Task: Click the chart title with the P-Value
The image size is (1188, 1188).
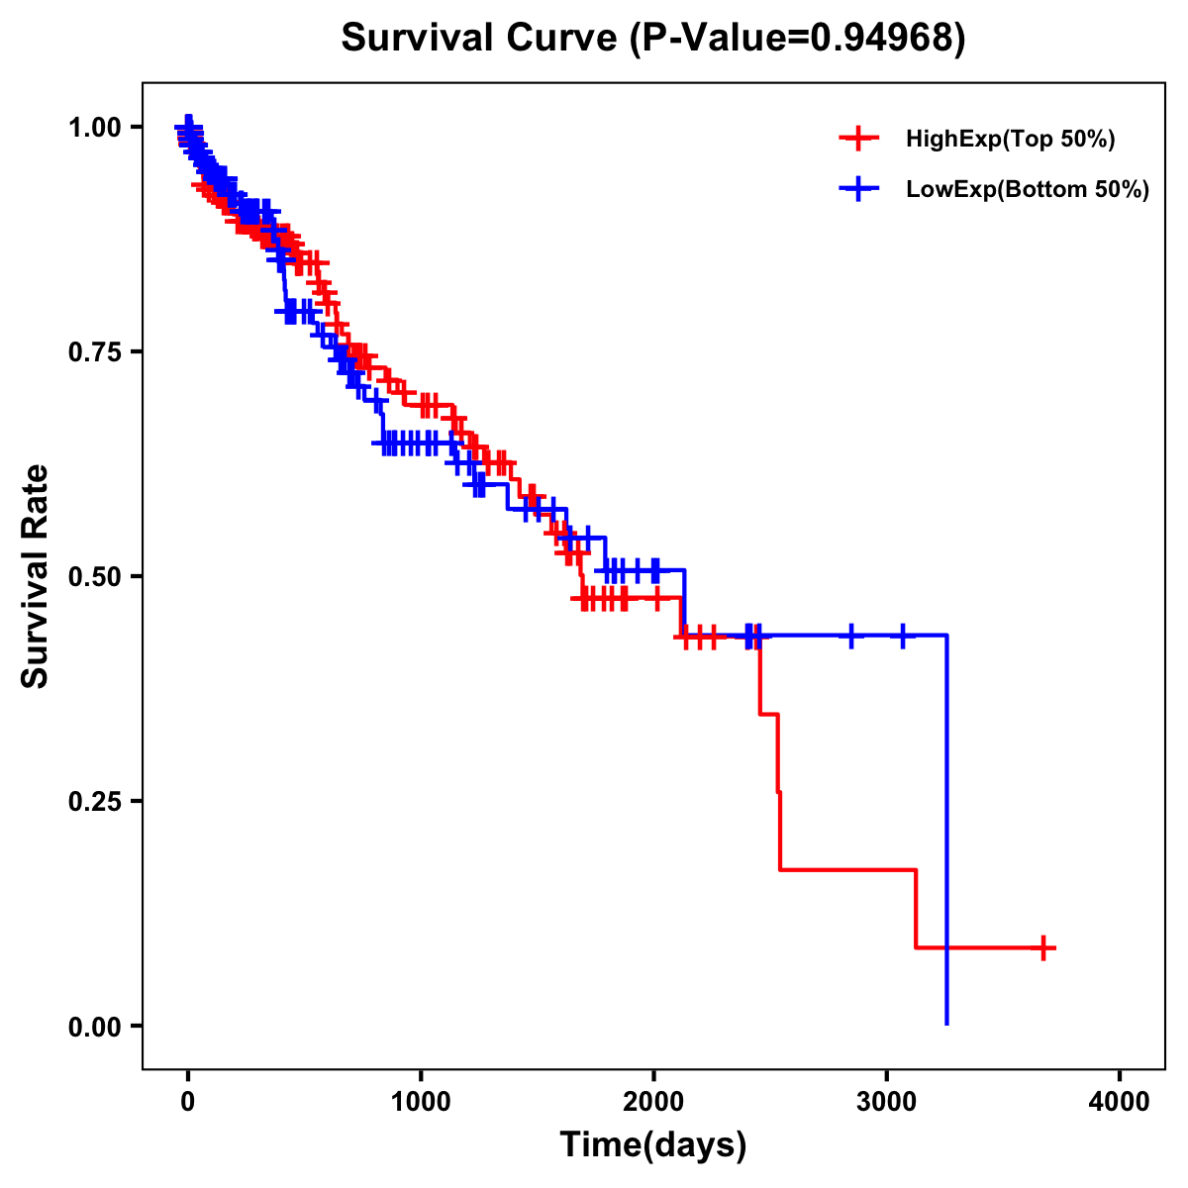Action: click(x=652, y=39)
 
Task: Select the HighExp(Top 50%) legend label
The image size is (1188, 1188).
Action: click(x=1011, y=140)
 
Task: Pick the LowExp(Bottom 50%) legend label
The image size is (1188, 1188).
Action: click(x=1028, y=190)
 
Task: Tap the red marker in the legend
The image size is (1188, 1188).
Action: click(x=858, y=140)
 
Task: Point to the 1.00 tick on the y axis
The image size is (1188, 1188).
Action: click(x=95, y=128)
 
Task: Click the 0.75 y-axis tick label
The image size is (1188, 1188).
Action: click(x=95, y=352)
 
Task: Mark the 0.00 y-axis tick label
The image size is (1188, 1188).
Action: click(x=95, y=1027)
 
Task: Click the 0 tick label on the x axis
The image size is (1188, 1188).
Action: click(x=188, y=1102)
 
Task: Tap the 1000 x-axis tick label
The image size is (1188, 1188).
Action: click(x=421, y=1102)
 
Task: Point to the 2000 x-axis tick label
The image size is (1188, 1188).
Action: click(x=653, y=1102)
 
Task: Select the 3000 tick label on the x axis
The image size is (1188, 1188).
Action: click(x=887, y=1102)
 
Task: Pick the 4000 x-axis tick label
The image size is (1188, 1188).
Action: click(x=1120, y=1102)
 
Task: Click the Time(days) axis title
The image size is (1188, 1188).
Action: click(x=653, y=1145)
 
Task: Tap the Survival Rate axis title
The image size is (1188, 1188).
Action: click(x=37, y=576)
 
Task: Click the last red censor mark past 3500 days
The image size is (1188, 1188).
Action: click(x=1042, y=947)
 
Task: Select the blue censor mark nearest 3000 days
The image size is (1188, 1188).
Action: click(x=902, y=636)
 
